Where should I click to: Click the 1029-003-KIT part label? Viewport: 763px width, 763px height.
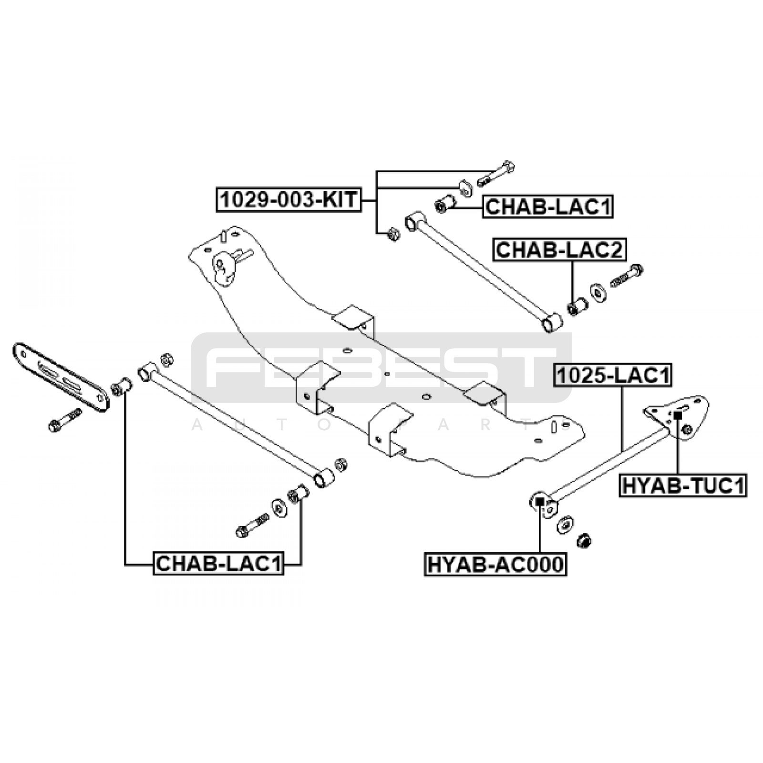coord(289,200)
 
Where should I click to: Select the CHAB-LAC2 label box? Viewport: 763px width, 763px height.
coord(560,250)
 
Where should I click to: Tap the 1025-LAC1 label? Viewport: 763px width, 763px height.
coord(613,376)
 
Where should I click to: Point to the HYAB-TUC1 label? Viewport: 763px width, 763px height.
coord(683,486)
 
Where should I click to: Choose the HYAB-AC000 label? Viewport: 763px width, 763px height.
coord(495,565)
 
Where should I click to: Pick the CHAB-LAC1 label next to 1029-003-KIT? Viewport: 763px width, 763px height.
coord(548,207)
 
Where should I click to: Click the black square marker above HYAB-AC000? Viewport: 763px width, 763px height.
coord(540,501)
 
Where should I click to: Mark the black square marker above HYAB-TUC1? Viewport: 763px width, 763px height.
coord(678,415)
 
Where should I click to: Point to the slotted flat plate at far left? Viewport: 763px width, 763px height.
coord(60,376)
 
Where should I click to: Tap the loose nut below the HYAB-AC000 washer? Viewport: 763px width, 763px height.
coord(584,541)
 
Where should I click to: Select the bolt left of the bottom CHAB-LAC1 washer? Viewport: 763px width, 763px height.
coord(252,525)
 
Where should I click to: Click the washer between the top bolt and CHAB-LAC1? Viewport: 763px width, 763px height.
coord(465,187)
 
